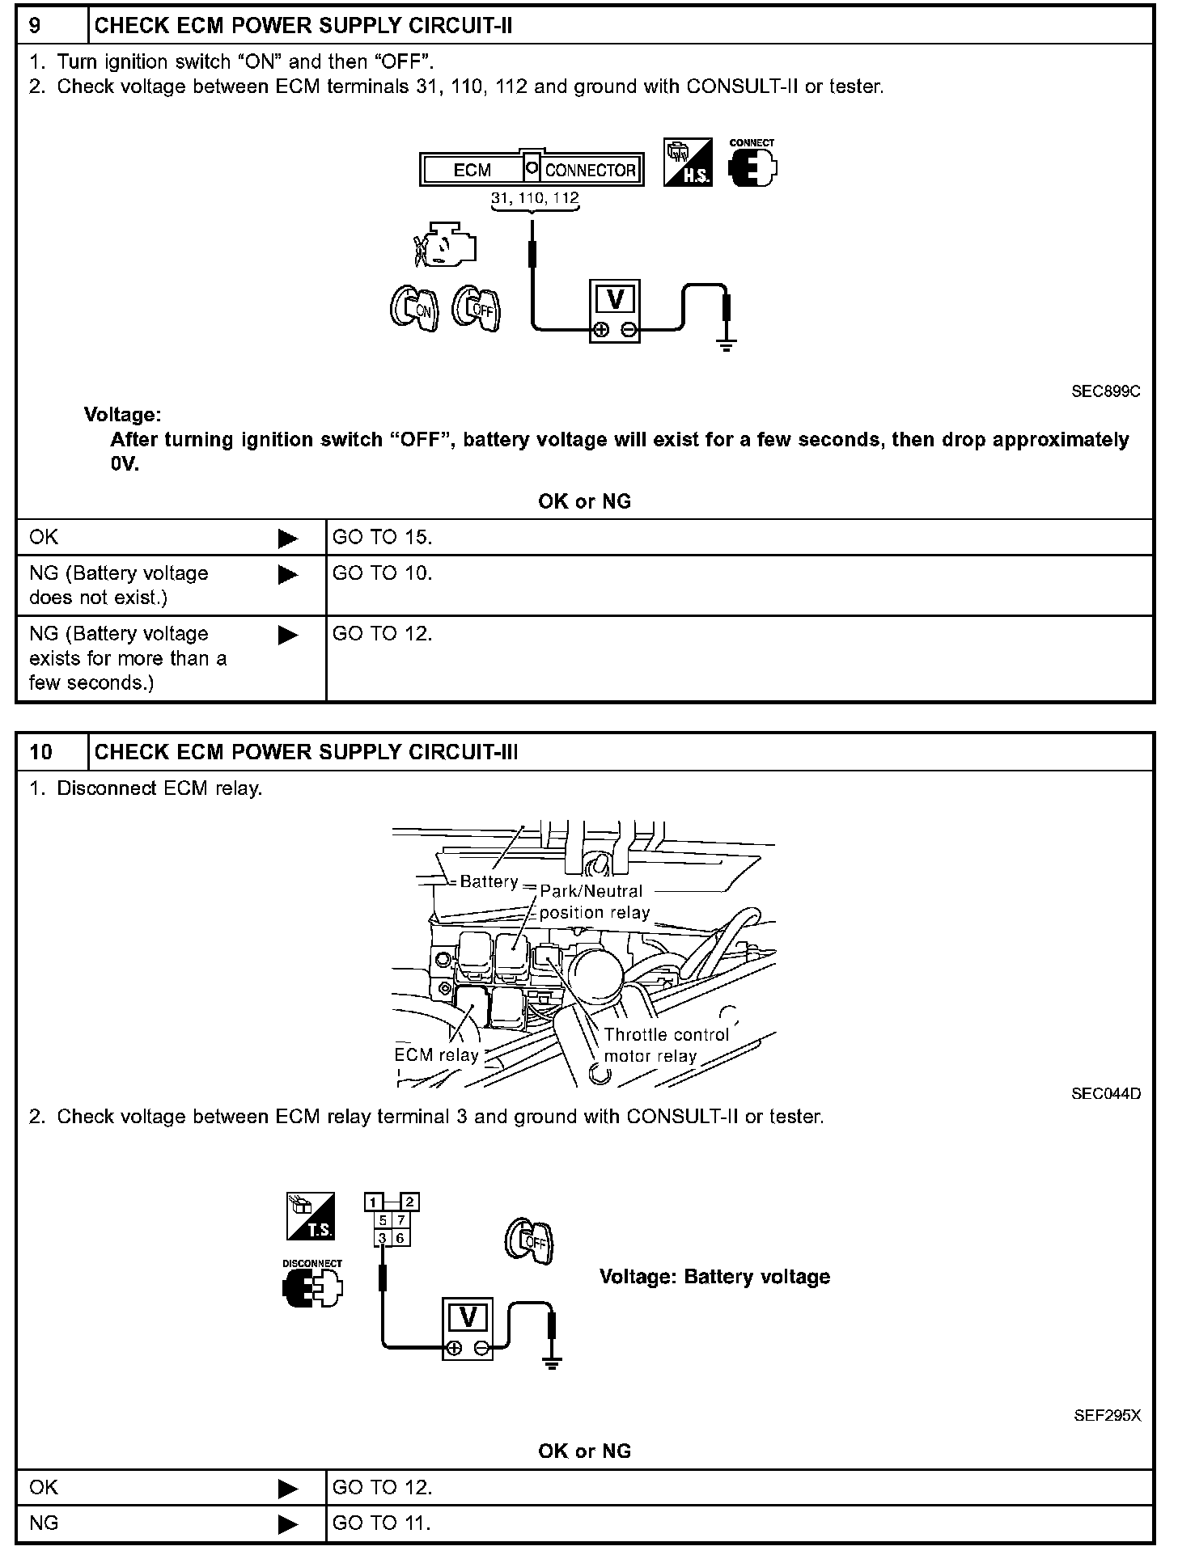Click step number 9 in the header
36,26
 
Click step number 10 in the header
40,752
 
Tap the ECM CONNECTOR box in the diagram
532,170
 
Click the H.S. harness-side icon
688,162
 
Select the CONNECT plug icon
752,166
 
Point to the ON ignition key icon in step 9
414,308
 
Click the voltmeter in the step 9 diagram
614,313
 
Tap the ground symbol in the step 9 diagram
727,344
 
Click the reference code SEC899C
1105,391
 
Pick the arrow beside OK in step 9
287,539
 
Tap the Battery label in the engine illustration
489,881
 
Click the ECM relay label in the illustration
436,1055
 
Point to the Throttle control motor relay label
665,1045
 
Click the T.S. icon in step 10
311,1217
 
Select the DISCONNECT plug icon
312,1285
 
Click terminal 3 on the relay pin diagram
382,1238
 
